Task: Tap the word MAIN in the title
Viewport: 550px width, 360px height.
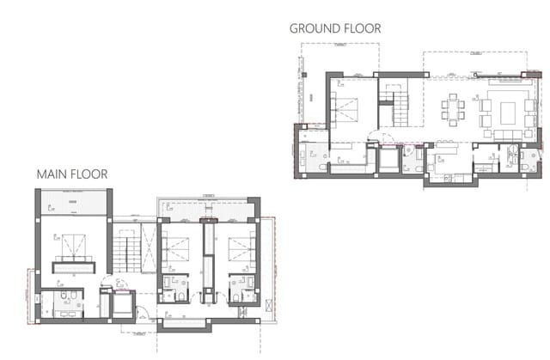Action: (x=52, y=174)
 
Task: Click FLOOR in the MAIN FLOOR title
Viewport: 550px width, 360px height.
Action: (x=89, y=174)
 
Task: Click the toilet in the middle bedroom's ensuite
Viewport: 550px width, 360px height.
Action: (x=169, y=296)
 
